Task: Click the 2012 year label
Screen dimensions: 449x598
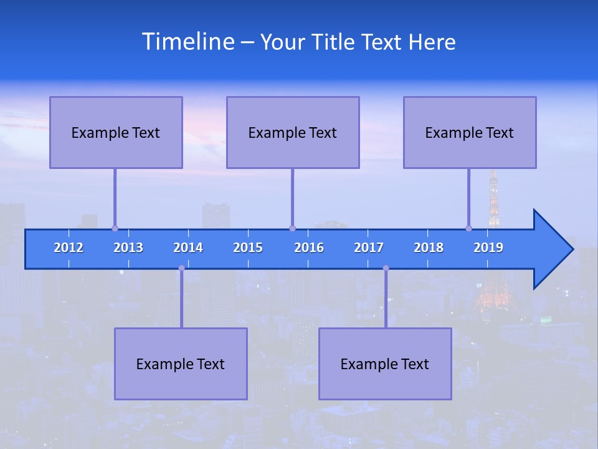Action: [x=69, y=248]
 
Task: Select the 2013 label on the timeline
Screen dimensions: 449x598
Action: [x=128, y=248]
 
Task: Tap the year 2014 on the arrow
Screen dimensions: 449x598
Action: [x=188, y=248]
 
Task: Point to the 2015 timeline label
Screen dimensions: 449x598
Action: [x=248, y=248]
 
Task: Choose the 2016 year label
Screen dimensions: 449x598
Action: [x=309, y=248]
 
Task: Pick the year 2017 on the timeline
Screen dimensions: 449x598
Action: [x=369, y=248]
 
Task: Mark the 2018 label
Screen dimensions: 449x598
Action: [x=429, y=248]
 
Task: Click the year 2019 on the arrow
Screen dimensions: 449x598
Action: [x=488, y=248]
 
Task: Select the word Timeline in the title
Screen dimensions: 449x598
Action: [x=187, y=42]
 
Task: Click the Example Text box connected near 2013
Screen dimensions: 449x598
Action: [x=116, y=132]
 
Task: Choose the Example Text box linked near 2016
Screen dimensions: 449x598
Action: [x=293, y=132]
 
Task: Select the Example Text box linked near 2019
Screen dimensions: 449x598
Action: [x=470, y=132]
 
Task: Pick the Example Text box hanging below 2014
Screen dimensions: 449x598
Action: [x=181, y=364]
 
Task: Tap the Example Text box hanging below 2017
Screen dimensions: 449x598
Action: [x=385, y=364]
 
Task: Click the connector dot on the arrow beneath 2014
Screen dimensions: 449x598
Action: [x=181, y=268]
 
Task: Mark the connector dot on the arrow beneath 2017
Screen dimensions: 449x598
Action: [x=386, y=268]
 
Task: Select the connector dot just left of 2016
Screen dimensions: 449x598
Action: [x=292, y=228]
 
